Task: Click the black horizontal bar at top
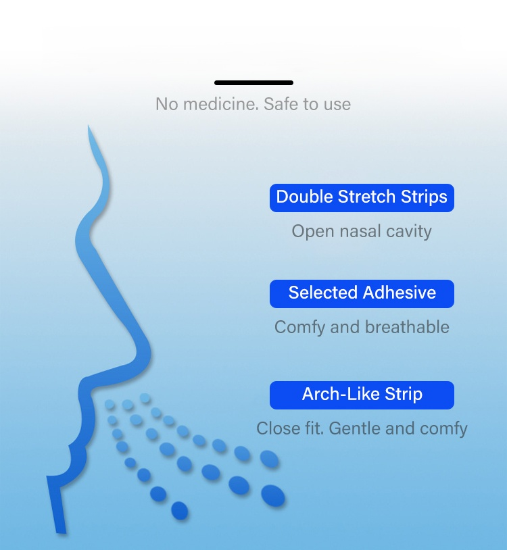tap(254, 83)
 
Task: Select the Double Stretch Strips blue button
tap(362, 198)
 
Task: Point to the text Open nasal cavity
tap(362, 232)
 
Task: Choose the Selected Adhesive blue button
tap(362, 294)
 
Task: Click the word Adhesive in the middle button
tap(400, 293)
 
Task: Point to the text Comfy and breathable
tap(362, 327)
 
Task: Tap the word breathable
tap(407, 327)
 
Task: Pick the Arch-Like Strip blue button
tap(362, 395)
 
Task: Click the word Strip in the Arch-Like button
tap(404, 395)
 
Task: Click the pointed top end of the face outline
tap(89, 126)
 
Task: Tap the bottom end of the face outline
tap(61, 532)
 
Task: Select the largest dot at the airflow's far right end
tap(273, 496)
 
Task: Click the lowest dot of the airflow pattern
tap(179, 510)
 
